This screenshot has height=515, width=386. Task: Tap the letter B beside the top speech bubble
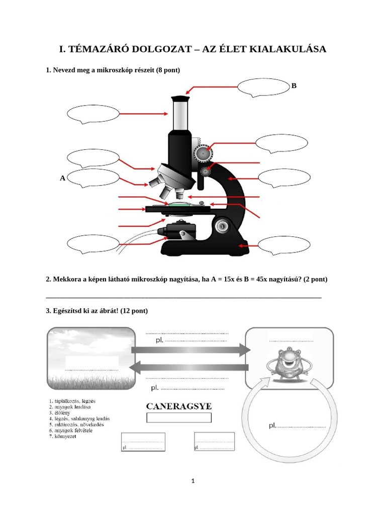294,86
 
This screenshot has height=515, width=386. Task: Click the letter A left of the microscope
63,178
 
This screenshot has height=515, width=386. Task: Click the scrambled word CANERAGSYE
179,406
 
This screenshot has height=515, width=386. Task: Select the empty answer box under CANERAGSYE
179,417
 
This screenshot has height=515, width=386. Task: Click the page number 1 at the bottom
193,481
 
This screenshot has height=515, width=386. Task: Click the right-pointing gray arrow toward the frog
191,350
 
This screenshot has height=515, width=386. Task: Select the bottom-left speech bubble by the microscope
93,245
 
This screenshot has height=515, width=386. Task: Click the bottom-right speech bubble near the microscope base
284,246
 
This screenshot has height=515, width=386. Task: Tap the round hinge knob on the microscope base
222,226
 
